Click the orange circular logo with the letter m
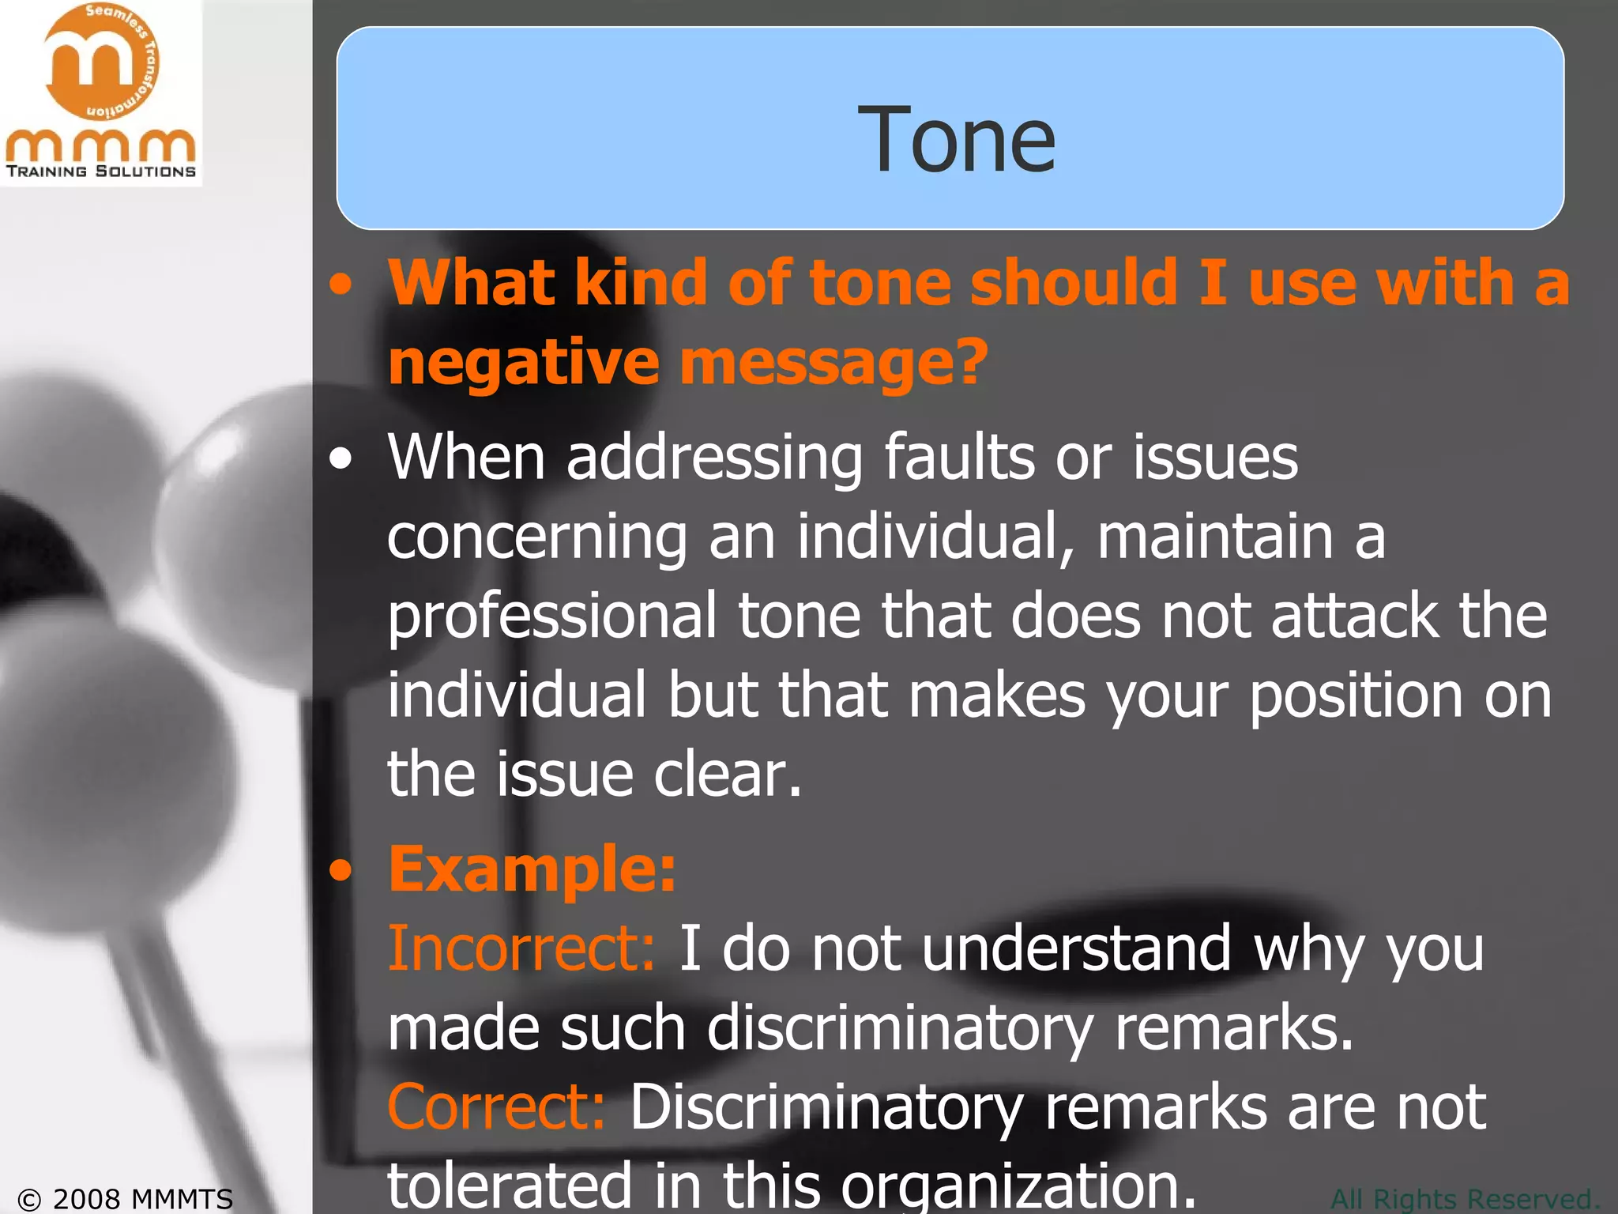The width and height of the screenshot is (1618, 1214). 101,63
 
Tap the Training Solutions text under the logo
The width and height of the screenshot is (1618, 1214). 101,172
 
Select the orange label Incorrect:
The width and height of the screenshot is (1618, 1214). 521,948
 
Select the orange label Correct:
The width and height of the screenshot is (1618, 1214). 497,1107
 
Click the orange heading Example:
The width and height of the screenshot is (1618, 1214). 532,869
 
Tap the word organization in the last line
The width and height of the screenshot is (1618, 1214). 1019,1186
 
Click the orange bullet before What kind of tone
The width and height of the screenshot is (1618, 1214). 341,285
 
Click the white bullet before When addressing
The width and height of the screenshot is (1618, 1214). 341,459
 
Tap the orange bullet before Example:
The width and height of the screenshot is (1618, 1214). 341,870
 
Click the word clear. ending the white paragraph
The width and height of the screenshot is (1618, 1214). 728,775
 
